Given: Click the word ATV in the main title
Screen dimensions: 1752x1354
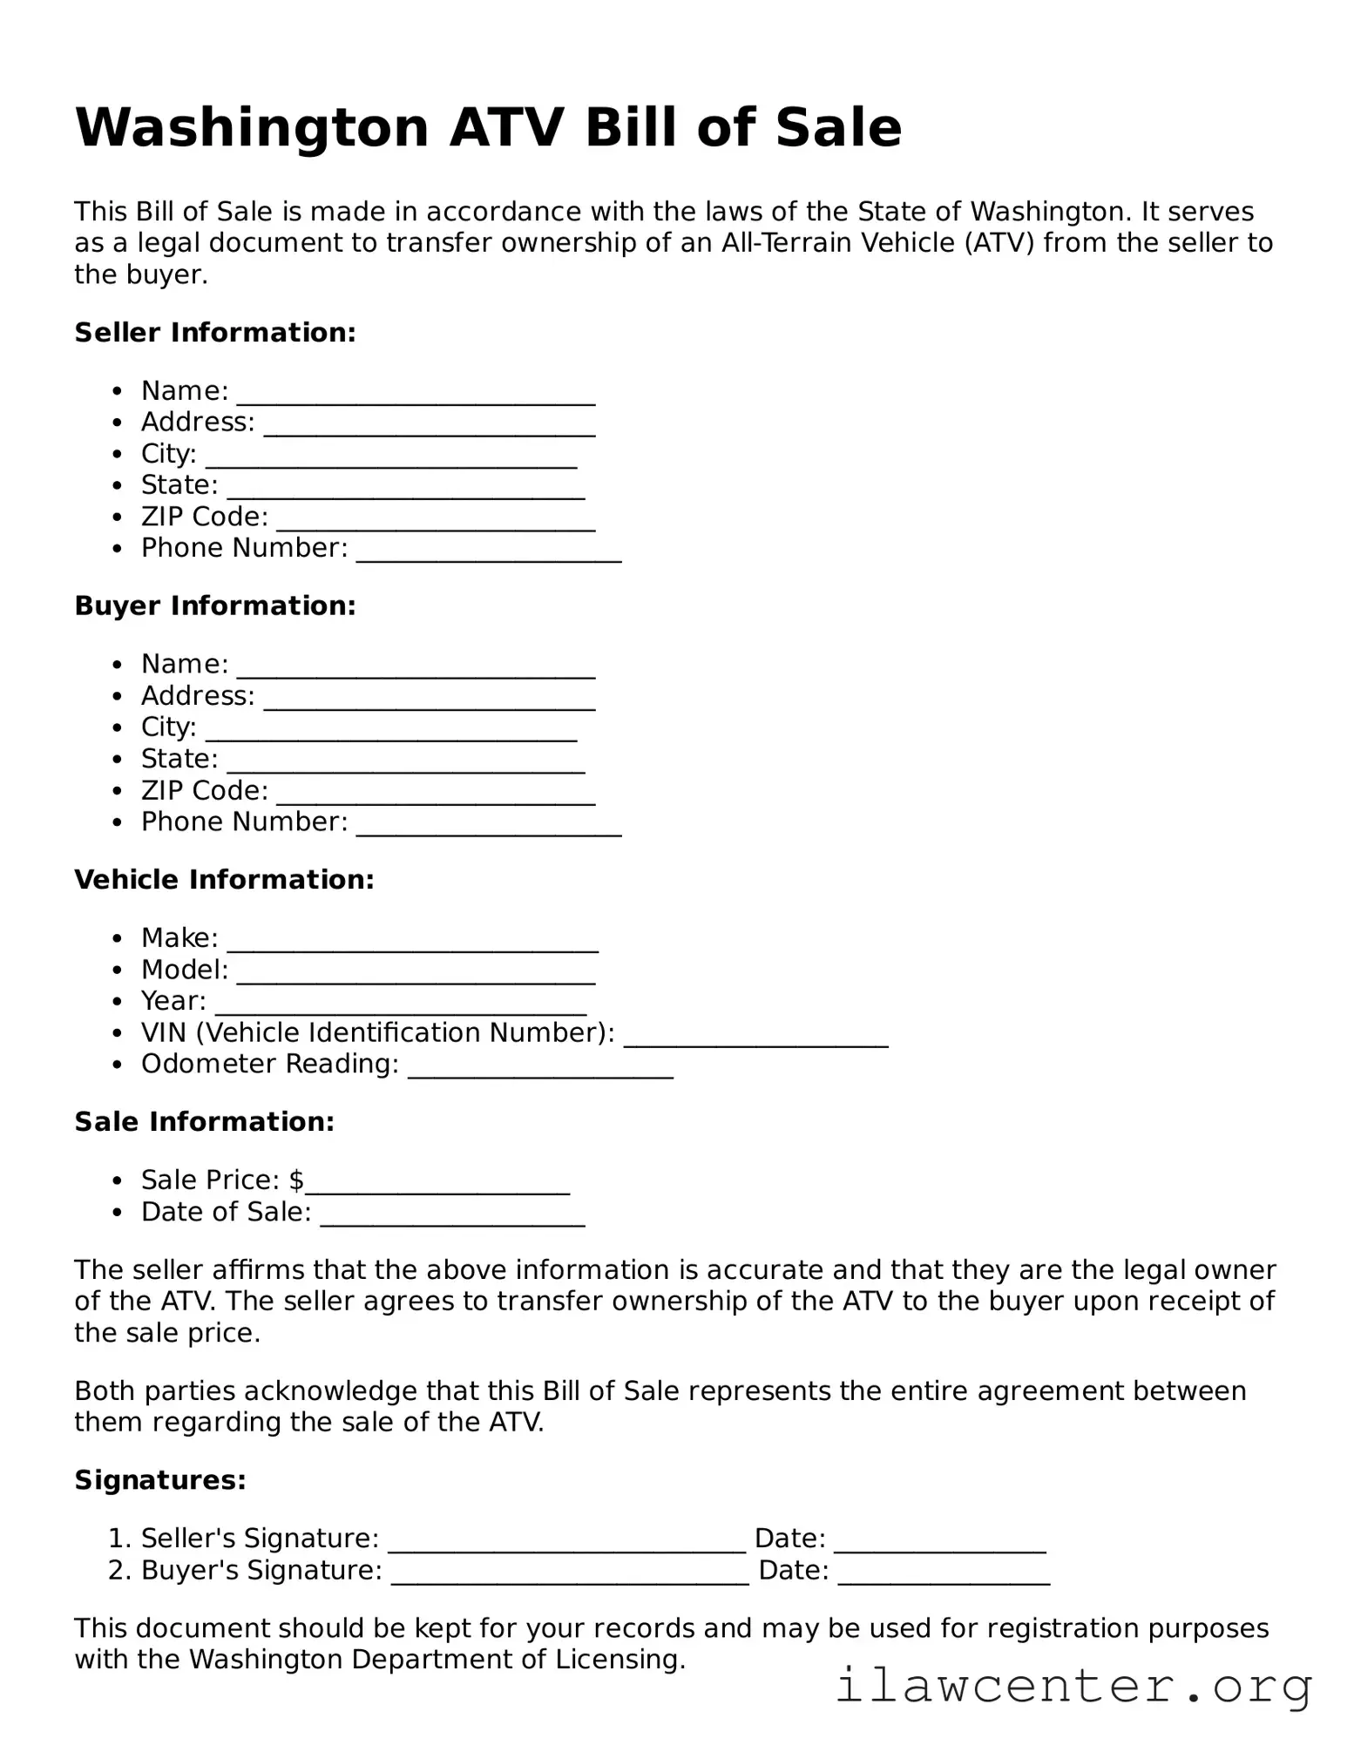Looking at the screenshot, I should [x=505, y=128].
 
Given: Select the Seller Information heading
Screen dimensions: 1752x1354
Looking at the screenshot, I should [x=215, y=333].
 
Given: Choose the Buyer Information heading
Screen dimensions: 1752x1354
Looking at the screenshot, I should [x=215, y=606].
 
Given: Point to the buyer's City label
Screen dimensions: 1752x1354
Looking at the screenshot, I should [x=168, y=727].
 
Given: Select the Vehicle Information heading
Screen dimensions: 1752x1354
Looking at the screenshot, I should [x=224, y=880].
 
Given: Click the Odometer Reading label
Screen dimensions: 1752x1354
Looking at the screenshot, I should [x=269, y=1065].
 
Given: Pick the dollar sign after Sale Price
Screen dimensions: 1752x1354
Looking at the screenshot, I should [x=296, y=1180].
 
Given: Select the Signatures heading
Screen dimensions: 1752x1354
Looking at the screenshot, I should [x=160, y=1480].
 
